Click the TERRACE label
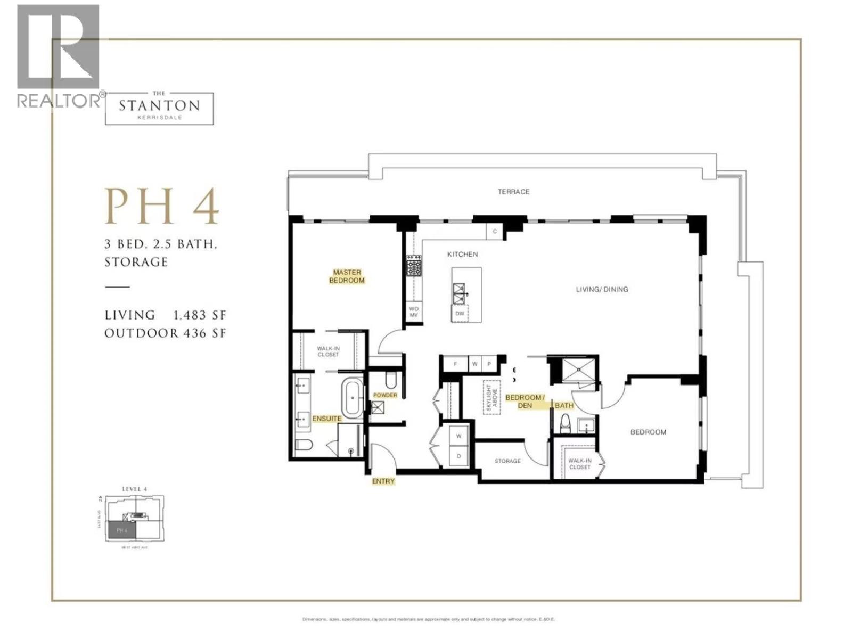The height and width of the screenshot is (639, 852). (x=513, y=192)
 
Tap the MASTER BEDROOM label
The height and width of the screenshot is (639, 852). (x=347, y=276)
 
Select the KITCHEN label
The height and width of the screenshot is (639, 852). (x=462, y=255)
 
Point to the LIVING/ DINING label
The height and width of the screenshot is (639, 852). (x=602, y=290)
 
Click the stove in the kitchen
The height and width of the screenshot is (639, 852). (x=414, y=266)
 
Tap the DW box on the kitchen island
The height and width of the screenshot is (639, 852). (x=460, y=313)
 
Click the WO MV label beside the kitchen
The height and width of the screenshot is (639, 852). (x=414, y=312)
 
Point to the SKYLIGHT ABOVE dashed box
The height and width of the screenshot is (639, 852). (x=491, y=397)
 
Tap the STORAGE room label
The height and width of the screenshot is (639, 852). (x=507, y=461)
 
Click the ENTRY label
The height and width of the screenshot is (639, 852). (x=383, y=481)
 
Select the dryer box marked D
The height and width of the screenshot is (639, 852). (x=458, y=456)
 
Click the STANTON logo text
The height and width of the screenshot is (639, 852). (x=159, y=105)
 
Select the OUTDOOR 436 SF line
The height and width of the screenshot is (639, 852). (x=165, y=333)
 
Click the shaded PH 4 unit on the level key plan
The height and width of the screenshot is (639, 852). (x=122, y=530)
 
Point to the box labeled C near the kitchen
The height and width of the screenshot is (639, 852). (x=495, y=231)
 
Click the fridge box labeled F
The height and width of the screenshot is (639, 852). (x=455, y=364)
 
